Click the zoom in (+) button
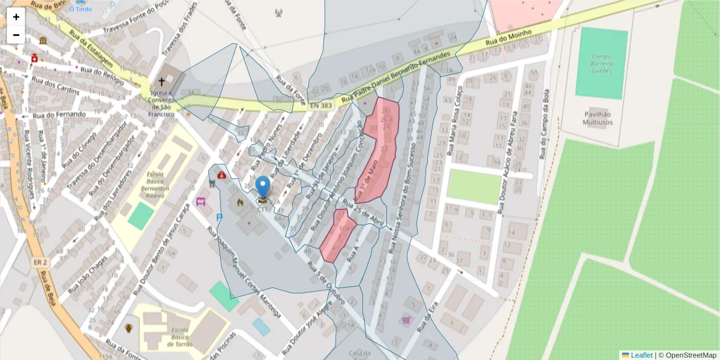pyautogui.click(x=16, y=17)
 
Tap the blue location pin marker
pyautogui.click(x=262, y=187)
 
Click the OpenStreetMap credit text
pyautogui.click(x=688, y=355)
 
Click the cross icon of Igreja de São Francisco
pyautogui.click(x=161, y=82)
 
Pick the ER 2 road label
pyautogui.click(x=41, y=262)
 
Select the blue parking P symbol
pyautogui.click(x=219, y=218)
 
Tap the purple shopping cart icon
pyautogui.click(x=406, y=320)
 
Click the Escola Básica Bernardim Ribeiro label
pyautogui.click(x=152, y=187)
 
